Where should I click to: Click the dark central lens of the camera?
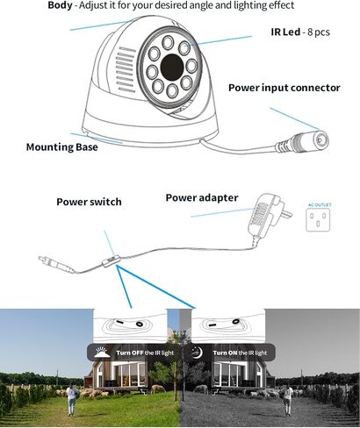172,67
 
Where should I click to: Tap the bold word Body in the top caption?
60,5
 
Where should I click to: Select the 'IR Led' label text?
285,32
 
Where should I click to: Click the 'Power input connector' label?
284,88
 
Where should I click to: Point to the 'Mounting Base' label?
62,146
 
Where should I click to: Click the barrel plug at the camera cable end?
303,141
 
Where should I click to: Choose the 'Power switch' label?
89,202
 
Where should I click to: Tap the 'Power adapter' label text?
202,197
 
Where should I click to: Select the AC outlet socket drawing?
318,220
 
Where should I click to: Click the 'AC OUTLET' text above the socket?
320,205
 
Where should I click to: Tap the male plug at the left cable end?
55,264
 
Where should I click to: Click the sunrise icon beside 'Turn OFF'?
102,352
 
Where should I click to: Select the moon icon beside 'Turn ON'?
198,353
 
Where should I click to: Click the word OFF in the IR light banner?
138,353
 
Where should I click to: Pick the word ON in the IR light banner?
233,353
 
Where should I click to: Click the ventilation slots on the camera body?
126,69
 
